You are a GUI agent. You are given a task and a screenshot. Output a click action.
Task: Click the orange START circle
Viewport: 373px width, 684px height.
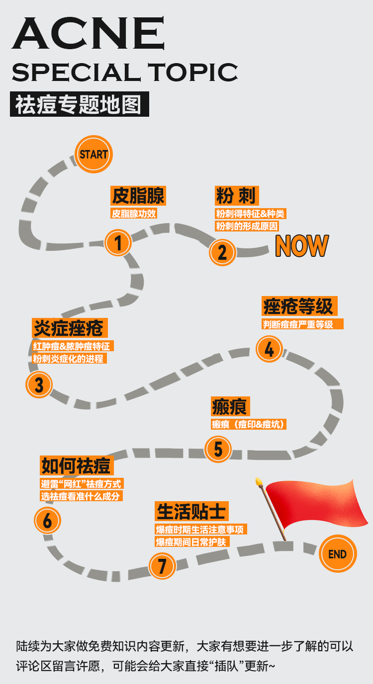pos(94,154)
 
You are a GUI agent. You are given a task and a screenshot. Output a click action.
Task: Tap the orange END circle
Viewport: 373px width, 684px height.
pos(337,554)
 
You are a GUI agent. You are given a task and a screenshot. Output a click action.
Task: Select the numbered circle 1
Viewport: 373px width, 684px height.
pos(118,242)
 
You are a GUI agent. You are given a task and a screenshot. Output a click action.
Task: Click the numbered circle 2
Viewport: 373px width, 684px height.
pos(222,252)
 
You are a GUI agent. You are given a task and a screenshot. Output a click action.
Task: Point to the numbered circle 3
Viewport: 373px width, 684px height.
pos(39,384)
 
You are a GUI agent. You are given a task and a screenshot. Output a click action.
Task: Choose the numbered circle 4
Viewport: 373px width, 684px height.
pos(269,349)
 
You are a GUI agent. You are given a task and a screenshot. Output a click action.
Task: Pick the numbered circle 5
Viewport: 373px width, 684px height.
pos(218,449)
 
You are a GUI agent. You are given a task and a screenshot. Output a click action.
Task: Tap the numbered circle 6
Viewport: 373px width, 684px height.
pos(48,521)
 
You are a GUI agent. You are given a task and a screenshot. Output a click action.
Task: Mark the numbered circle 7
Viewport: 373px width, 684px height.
pos(162,566)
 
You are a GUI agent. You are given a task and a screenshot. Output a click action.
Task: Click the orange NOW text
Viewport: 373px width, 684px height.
pos(301,246)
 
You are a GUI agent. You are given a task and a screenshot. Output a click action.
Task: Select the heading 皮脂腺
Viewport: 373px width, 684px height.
pos(138,196)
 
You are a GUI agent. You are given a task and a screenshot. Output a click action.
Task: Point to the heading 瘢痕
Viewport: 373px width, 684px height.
pos(230,407)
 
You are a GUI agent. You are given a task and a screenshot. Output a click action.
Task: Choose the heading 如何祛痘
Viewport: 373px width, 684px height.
pos(76,466)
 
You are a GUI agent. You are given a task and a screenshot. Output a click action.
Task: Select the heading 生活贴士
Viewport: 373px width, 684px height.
pos(191,511)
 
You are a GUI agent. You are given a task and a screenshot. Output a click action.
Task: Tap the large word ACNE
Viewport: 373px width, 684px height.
pos(88,35)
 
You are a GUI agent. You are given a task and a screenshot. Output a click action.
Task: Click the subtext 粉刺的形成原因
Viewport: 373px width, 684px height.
pos(247,226)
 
